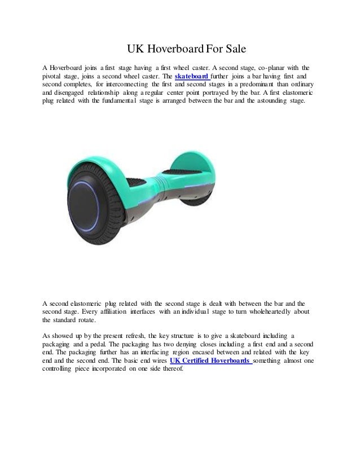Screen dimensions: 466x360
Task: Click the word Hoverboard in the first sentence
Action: tap(70, 65)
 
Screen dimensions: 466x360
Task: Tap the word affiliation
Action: tap(112, 312)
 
